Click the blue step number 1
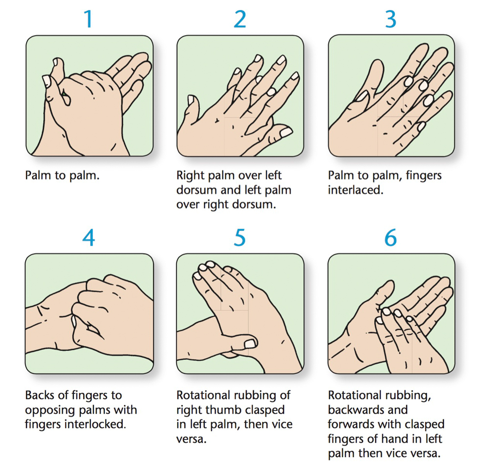pyautogui.click(x=89, y=19)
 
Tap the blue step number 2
pyautogui.click(x=240, y=19)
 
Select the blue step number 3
pyautogui.click(x=391, y=19)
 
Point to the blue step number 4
pyautogui.click(x=89, y=237)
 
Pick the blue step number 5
pyautogui.click(x=240, y=237)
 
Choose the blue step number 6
pyautogui.click(x=391, y=237)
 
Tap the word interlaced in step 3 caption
pyautogui.click(x=356, y=190)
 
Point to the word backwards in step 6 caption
pyautogui.click(x=368, y=410)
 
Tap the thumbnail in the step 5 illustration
pyautogui.click(x=250, y=343)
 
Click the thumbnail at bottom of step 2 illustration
pyautogui.click(x=286, y=132)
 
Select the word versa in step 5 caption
pyautogui.click(x=192, y=439)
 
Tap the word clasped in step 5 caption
pyautogui.click(x=265, y=410)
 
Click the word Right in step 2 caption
pyautogui.click(x=191, y=176)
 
